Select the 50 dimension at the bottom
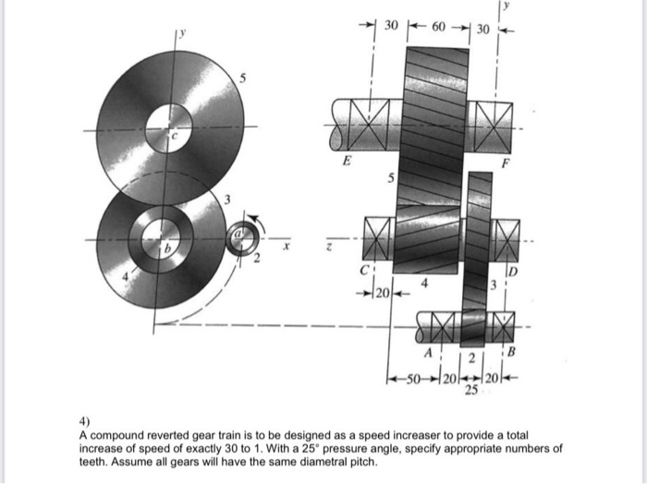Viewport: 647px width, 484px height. point(412,381)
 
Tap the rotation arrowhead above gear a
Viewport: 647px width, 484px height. point(261,221)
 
